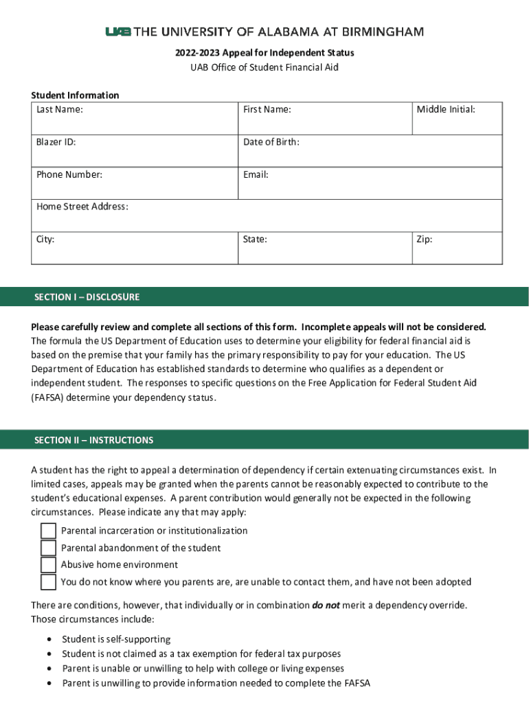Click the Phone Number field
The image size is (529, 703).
click(x=135, y=183)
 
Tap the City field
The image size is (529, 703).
click(x=135, y=248)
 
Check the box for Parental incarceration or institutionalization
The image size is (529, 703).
click(x=48, y=531)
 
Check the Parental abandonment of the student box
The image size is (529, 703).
click(x=48, y=548)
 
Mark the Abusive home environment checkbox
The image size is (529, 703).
click(x=48, y=565)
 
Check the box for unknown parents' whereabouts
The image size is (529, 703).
click(x=48, y=582)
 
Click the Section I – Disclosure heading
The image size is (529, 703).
click(x=87, y=297)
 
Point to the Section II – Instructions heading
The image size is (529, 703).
click(x=94, y=440)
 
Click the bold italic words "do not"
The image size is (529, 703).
click(x=326, y=606)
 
